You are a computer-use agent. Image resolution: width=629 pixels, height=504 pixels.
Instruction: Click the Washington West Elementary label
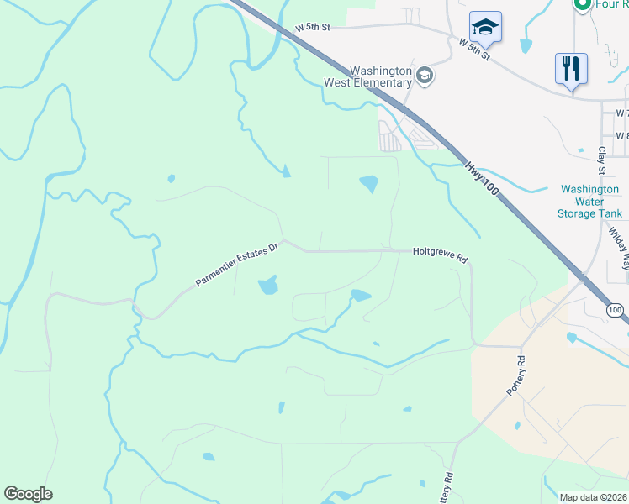point(368,77)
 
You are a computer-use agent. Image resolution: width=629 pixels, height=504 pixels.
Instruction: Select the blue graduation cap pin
point(485,29)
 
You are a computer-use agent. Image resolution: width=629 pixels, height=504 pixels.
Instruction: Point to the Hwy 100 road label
point(483,181)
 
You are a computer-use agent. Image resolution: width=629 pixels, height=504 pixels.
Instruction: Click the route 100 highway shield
point(616,311)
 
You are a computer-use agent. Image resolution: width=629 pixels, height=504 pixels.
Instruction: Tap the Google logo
point(28,494)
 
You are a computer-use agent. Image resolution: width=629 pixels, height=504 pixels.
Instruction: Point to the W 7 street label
point(621,113)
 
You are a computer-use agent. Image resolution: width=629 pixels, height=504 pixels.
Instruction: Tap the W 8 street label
point(621,135)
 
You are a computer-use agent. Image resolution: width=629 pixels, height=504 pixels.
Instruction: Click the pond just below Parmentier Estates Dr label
point(268,286)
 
